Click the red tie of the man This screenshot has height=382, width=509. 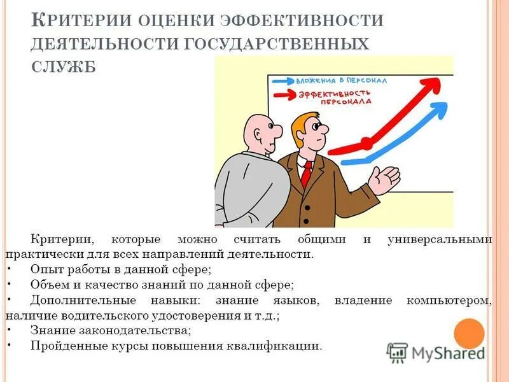click(x=307, y=173)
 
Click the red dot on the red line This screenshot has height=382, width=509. click(x=366, y=141)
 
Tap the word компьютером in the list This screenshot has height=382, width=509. click(x=449, y=299)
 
